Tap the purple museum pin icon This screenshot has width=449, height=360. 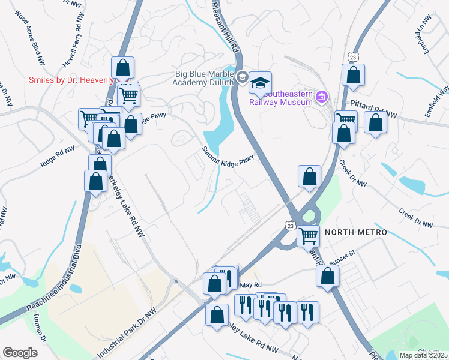pyautogui.click(x=322, y=97)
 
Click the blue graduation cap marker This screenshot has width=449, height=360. pyautogui.click(x=261, y=83)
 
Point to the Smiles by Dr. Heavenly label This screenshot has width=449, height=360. pyautogui.click(x=71, y=80)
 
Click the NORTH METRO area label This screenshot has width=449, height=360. pyautogui.click(x=353, y=232)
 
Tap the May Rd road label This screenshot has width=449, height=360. pyautogui.click(x=250, y=284)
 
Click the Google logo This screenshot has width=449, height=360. pyautogui.click(x=20, y=352)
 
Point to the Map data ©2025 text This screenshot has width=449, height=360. pyautogui.click(x=423, y=355)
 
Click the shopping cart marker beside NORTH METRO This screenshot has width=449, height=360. pyautogui.click(x=309, y=236)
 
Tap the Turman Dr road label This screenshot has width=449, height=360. pyautogui.click(x=40, y=329)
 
